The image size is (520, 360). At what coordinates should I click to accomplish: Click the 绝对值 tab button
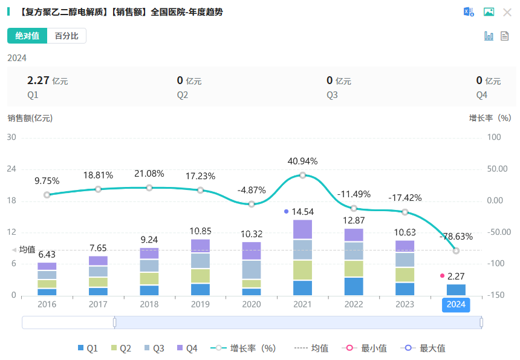[x=27, y=36]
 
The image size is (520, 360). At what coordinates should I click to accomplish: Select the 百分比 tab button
[x=67, y=36]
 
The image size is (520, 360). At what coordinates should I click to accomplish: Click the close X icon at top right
[x=507, y=12]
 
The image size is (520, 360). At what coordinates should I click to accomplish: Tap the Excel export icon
[x=469, y=12]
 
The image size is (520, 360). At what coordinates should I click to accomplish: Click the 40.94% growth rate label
[x=302, y=162]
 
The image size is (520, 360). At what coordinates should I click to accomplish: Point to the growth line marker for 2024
[x=456, y=250]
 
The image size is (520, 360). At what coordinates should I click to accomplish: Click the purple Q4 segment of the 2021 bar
[x=302, y=229]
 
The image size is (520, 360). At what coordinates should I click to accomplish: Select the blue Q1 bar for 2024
[x=456, y=290]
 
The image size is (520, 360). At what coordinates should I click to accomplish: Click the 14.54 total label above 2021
[x=302, y=212]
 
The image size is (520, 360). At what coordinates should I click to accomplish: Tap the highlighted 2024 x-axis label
[x=456, y=305]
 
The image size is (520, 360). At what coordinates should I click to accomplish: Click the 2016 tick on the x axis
[x=47, y=304]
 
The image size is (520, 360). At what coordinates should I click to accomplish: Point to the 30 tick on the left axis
[x=11, y=137]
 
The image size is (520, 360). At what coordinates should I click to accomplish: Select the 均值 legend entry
[x=311, y=348]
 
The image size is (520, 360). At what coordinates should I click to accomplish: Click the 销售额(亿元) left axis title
[x=30, y=118]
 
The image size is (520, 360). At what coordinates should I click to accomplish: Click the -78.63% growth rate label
[x=456, y=237]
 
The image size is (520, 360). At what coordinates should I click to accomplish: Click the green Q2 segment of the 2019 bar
[x=200, y=276]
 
